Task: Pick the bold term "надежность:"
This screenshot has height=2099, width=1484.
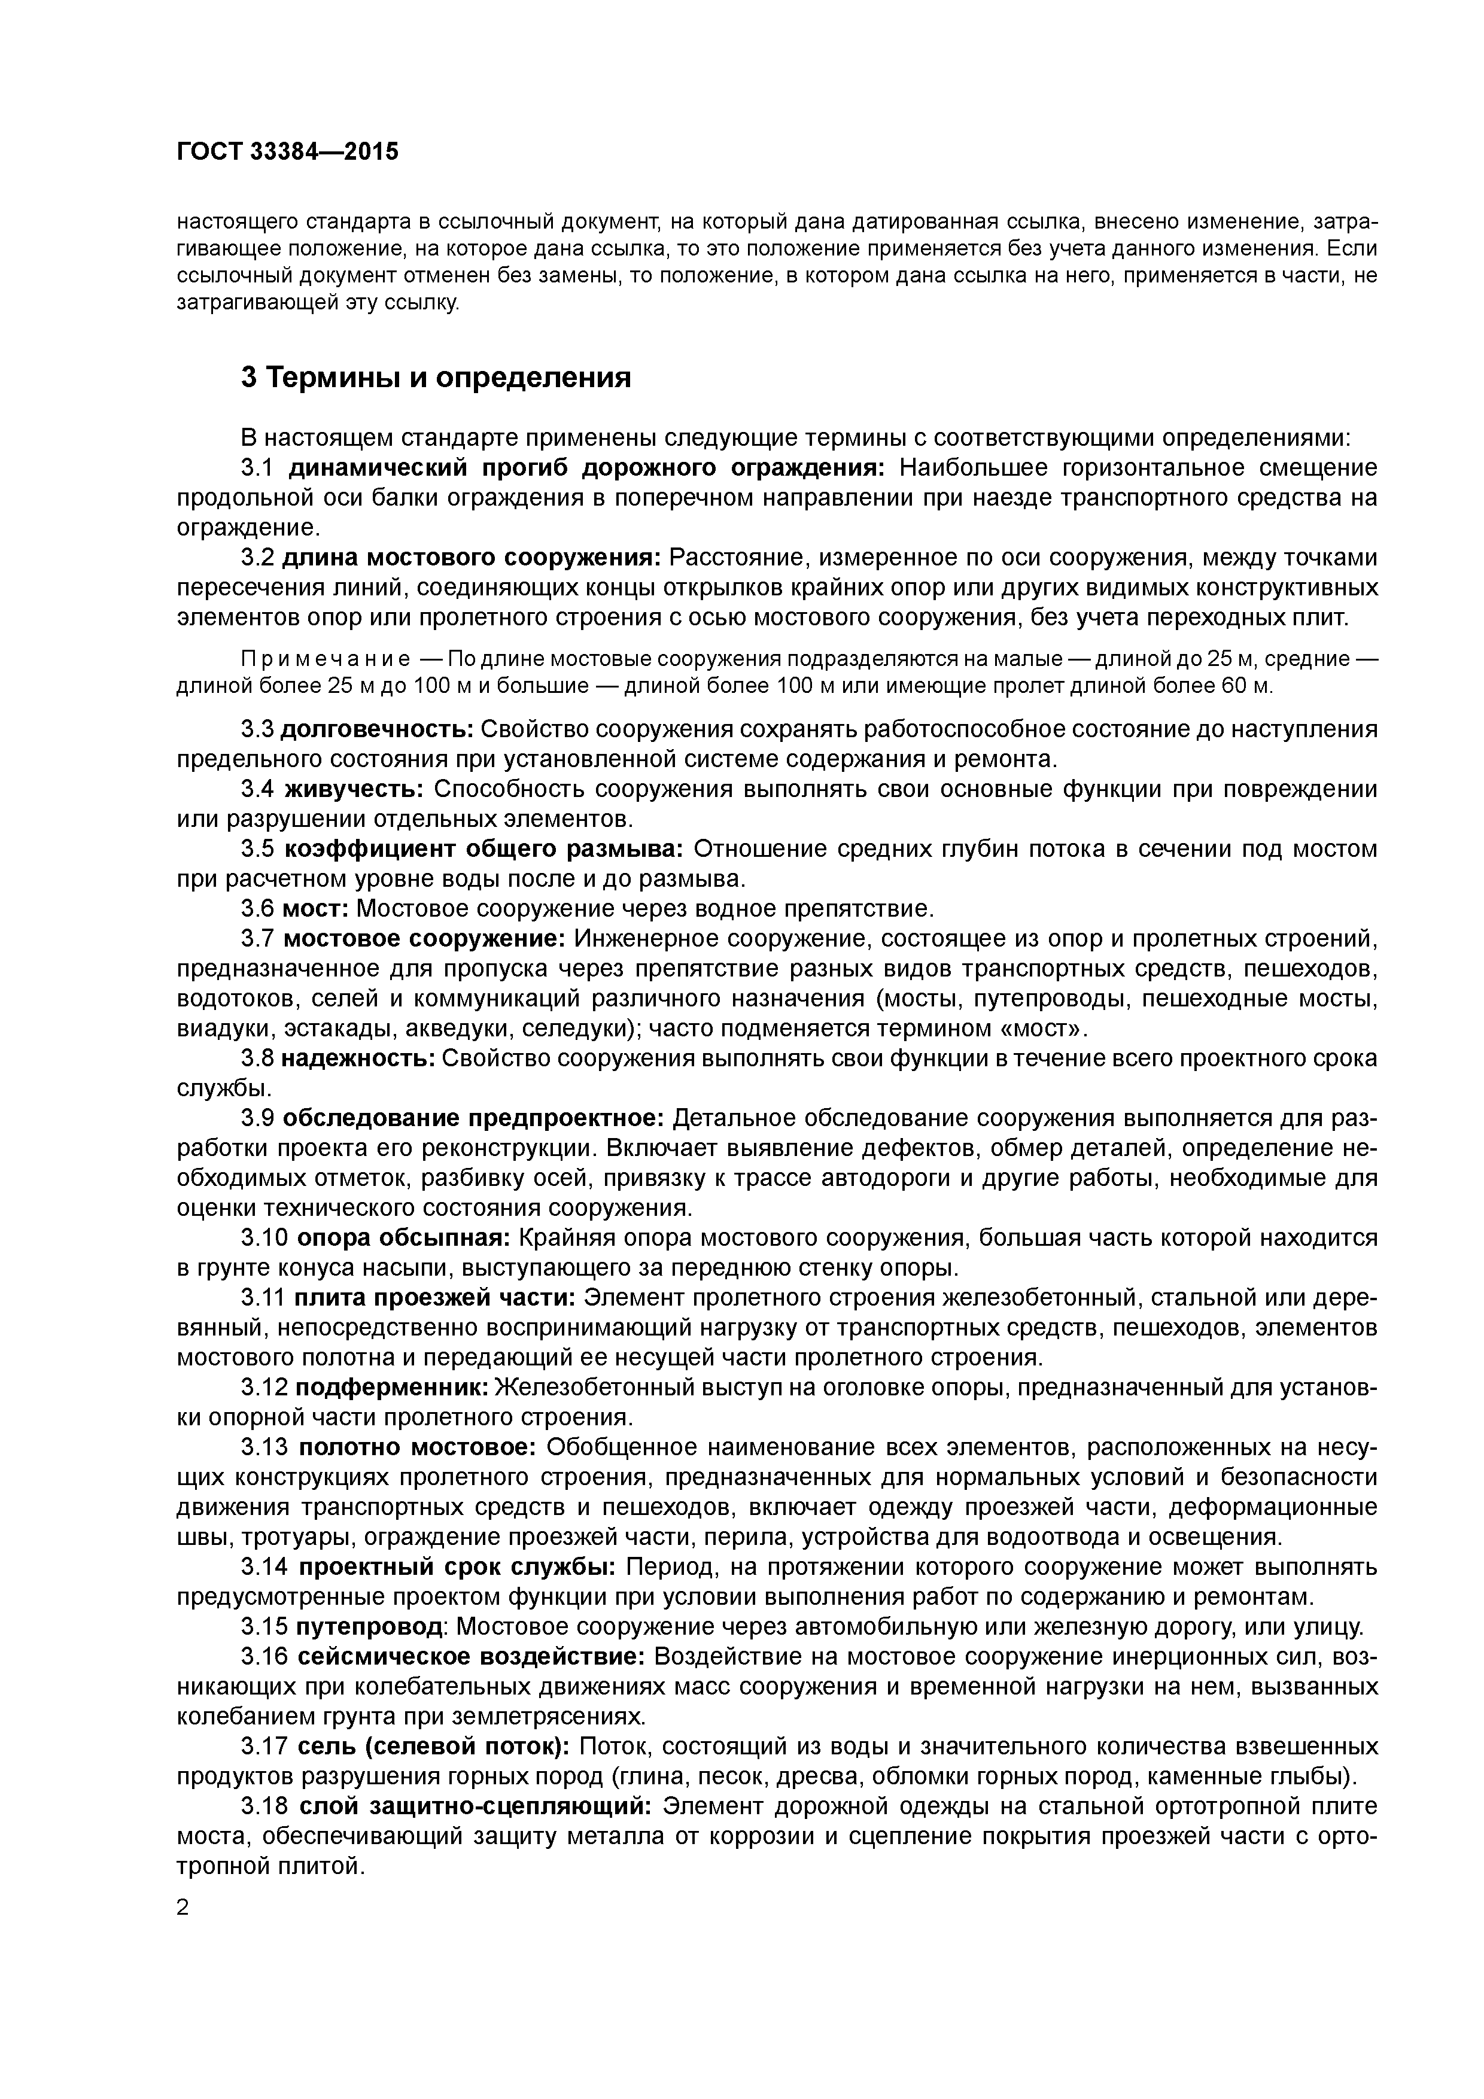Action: [x=357, y=1058]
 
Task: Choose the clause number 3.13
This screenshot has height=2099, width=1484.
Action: [x=264, y=1447]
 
